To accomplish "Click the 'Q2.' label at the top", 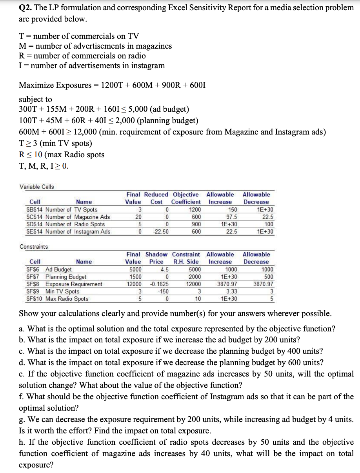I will coord(26,7).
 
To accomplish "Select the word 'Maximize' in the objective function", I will coord(36,85).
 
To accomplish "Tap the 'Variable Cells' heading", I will coord(37,187).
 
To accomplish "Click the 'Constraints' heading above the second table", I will coord(34,247).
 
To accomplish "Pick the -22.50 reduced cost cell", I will coord(160,232).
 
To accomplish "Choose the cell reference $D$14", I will coord(34,224).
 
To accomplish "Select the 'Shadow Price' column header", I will coord(156,258).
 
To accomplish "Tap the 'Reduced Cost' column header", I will coord(156,198).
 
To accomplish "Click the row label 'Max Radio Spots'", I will coord(67,299).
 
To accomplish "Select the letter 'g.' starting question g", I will coord(23,419).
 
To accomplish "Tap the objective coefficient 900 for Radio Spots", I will coord(196,224).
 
